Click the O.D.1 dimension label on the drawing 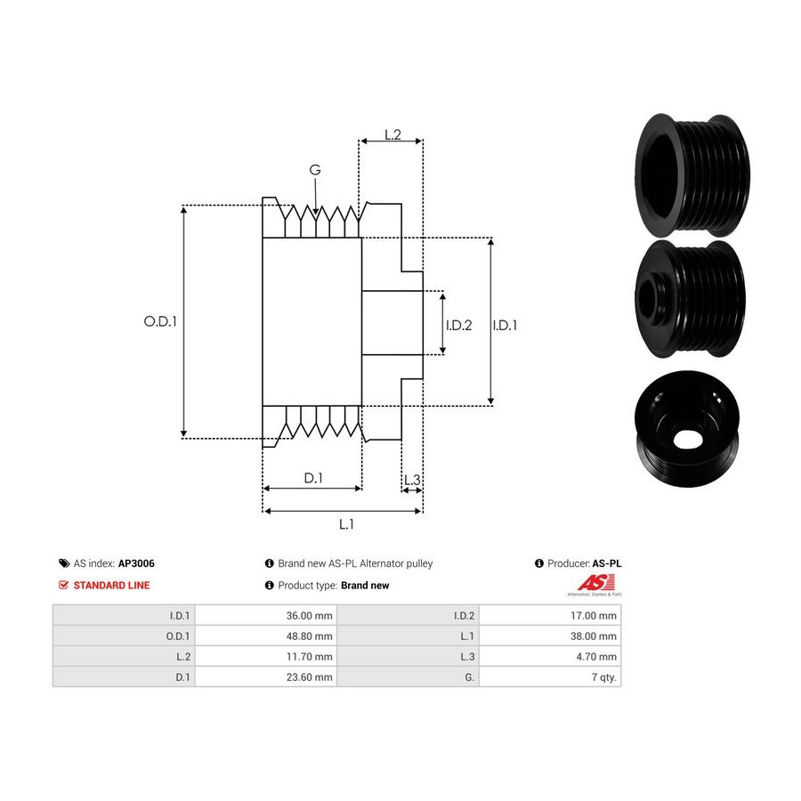(x=160, y=321)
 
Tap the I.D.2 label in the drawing (x=458, y=326)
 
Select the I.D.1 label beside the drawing (x=505, y=326)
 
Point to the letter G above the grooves (x=315, y=170)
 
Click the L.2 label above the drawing (x=392, y=134)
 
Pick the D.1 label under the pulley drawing (x=313, y=478)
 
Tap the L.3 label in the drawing (x=412, y=480)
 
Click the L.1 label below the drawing (x=346, y=524)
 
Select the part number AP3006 (x=136, y=563)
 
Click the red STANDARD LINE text (x=112, y=586)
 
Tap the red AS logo (x=595, y=583)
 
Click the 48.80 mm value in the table (x=309, y=636)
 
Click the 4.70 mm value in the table (x=596, y=657)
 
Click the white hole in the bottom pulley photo (x=687, y=439)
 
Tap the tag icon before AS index (x=64, y=563)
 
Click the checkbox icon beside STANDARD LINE (x=63, y=585)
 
